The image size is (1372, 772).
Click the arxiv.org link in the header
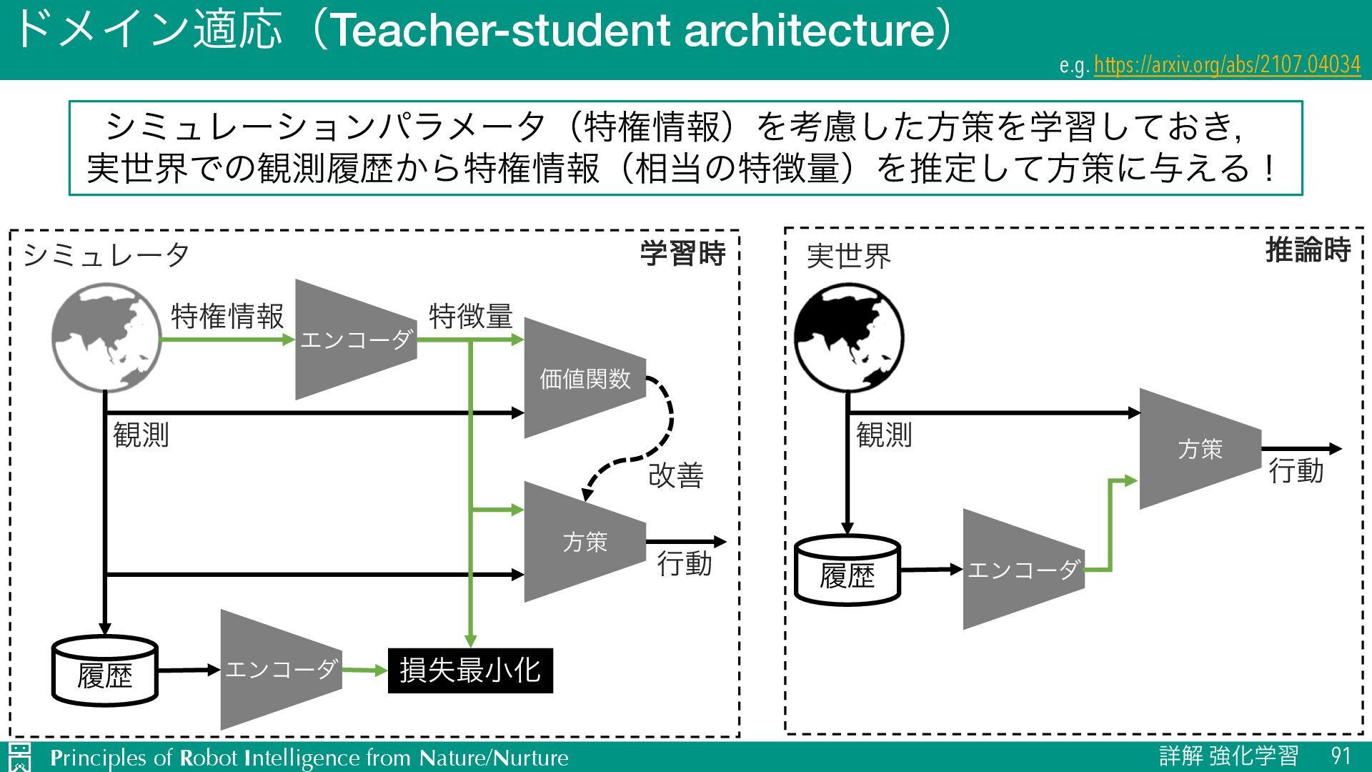pyautogui.click(x=1226, y=65)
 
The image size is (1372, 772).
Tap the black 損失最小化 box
pyautogui.click(x=470, y=670)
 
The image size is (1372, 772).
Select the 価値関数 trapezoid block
pyautogui.click(x=585, y=378)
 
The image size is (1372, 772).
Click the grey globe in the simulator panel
pyautogui.click(x=106, y=337)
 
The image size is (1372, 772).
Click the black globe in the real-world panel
pyautogui.click(x=849, y=337)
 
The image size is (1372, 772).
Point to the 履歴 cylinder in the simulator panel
pyautogui.click(x=105, y=670)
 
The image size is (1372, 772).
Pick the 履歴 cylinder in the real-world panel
pyautogui.click(x=847, y=570)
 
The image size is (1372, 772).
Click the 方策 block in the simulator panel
pyautogui.click(x=585, y=542)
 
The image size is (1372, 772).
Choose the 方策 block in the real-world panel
pyautogui.click(x=1200, y=449)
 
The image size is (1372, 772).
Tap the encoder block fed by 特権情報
pyautogui.click(x=355, y=340)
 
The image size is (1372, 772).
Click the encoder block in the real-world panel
pyautogui.click(x=1023, y=570)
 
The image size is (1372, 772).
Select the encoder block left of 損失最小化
pyautogui.click(x=280, y=670)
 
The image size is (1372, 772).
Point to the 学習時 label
pyautogui.click(x=682, y=254)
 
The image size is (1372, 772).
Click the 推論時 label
pyautogui.click(x=1307, y=250)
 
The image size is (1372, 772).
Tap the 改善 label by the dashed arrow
pyautogui.click(x=675, y=475)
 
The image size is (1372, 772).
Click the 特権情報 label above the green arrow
pyautogui.click(x=227, y=316)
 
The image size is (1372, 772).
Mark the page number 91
pyautogui.click(x=1341, y=756)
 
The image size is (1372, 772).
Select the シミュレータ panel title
pyautogui.click(x=106, y=255)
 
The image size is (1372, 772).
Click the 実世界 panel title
pyautogui.click(x=848, y=257)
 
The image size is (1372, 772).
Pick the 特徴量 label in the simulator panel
pyautogui.click(x=470, y=316)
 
